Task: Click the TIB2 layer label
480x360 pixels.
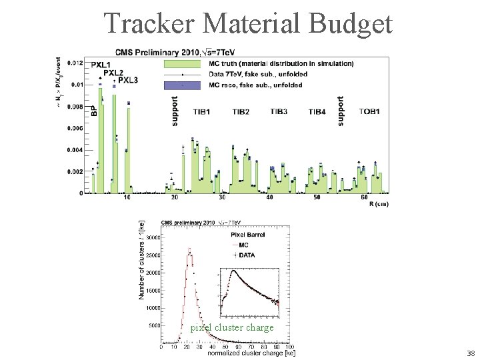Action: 241,111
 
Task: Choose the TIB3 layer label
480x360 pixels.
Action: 279,111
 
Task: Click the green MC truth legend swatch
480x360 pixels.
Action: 181,64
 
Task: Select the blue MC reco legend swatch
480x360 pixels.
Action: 181,85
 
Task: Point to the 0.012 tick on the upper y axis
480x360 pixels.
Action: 75,63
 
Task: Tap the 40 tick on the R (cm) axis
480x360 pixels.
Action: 269,198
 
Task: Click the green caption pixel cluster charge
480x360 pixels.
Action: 231,327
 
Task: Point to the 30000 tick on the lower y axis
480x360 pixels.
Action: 152,237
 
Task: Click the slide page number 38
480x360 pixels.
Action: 470,353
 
